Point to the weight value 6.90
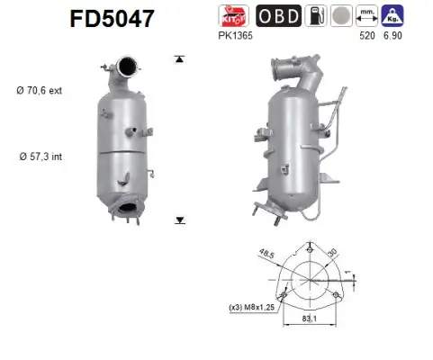click(393, 35)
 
